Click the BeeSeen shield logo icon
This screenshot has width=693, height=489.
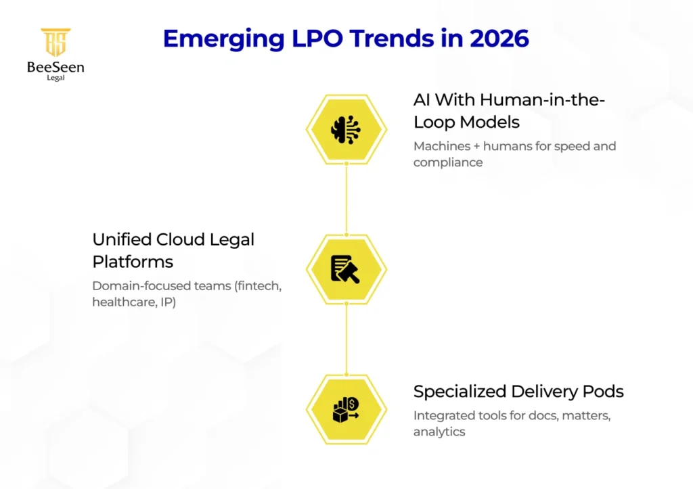(55, 43)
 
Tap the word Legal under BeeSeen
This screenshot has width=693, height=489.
(55, 78)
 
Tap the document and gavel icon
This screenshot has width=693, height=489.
(346, 269)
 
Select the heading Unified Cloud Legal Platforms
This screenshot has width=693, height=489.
(173, 250)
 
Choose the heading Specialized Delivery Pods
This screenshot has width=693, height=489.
(518, 391)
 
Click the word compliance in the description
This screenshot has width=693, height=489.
(448, 162)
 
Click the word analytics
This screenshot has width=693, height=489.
(439, 432)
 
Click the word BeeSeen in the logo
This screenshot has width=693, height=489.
(55, 66)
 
